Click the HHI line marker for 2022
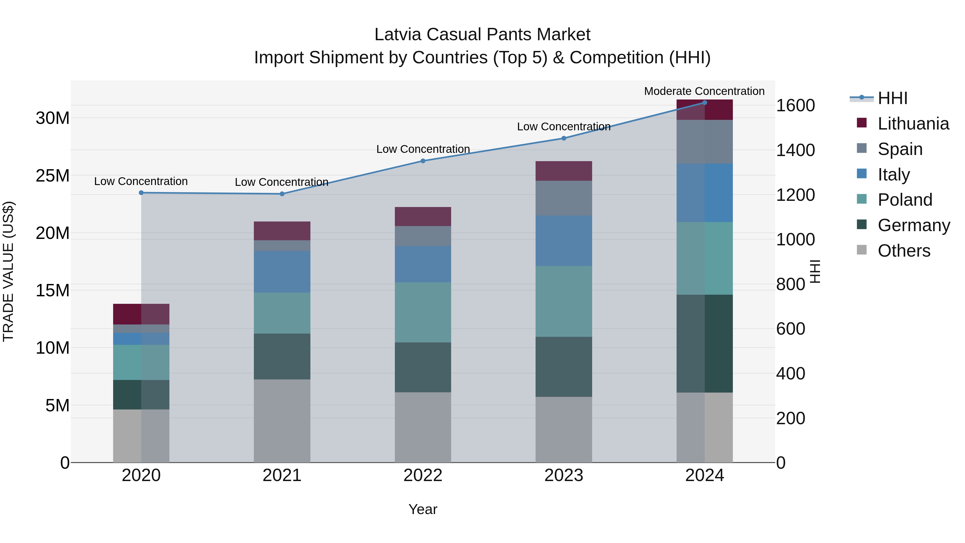coord(423,161)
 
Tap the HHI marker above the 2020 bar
coord(141,193)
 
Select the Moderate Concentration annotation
coord(704,91)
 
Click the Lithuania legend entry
coord(913,124)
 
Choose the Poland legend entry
coord(905,200)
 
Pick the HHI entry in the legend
coord(892,98)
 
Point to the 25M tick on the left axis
coord(53,175)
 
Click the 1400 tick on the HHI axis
coord(795,150)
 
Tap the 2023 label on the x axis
coord(563,475)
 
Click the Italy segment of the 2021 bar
coord(282,272)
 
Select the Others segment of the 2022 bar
coord(423,427)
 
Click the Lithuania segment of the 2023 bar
coord(563,171)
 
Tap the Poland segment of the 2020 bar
coord(141,362)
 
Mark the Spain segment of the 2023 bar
coord(563,198)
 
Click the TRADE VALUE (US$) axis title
coord(8,271)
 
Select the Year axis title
coord(423,509)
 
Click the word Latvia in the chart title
coord(398,35)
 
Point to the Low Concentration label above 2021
coord(282,182)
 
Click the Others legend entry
coord(904,251)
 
